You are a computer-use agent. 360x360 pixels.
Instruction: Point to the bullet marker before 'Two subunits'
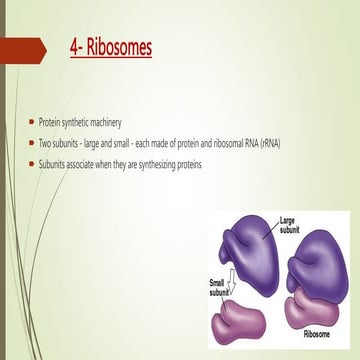pyautogui.click(x=30, y=142)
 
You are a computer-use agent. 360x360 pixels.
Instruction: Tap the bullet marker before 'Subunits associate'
pyautogui.click(x=30, y=164)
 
